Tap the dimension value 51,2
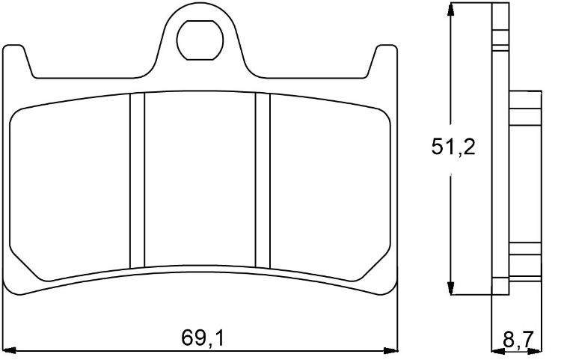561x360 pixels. click(x=453, y=147)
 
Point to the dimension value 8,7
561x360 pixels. click(x=518, y=341)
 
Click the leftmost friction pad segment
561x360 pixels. click(x=71, y=187)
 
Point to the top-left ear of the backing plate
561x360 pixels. click(x=16, y=60)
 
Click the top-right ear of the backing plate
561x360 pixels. click(x=384, y=60)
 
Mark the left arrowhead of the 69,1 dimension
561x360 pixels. click(x=10, y=350)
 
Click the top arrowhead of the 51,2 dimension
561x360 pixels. click(x=450, y=10)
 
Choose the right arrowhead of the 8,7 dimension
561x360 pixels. click(x=540, y=350)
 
